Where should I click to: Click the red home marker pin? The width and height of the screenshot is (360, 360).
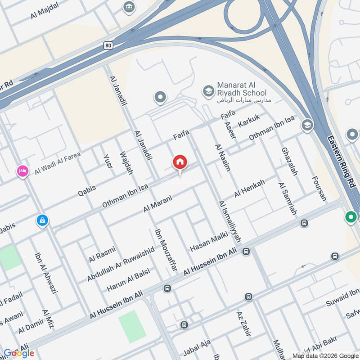(180, 162)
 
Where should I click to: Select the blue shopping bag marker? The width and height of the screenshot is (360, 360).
(42, 220)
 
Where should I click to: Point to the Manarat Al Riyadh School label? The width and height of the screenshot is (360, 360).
(241, 89)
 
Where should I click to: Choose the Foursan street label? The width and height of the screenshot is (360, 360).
(319, 188)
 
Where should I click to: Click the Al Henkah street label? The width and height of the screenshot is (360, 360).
(249, 188)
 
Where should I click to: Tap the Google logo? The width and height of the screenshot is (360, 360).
(19, 353)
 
